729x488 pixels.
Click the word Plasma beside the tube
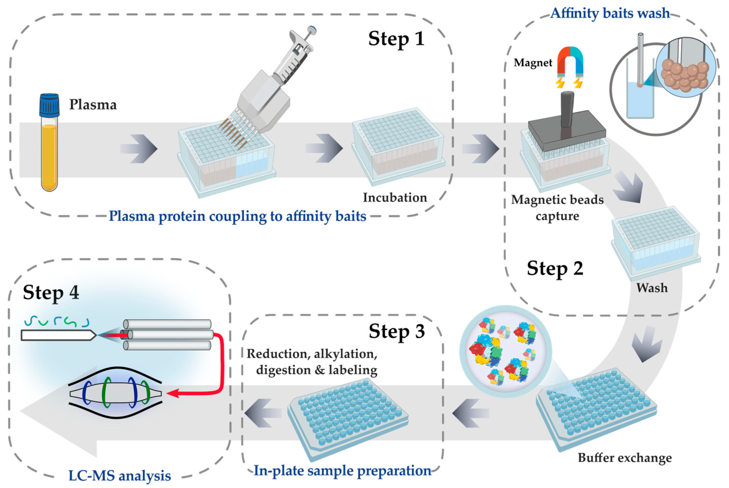93,105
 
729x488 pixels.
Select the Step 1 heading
396,39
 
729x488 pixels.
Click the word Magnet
533,63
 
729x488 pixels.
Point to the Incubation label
395,198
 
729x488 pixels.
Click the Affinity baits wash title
610,13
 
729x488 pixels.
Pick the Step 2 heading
555,268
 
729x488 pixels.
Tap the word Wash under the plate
652,288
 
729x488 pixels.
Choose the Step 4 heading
51,293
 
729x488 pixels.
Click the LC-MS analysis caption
119,476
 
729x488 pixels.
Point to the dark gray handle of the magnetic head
567,109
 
